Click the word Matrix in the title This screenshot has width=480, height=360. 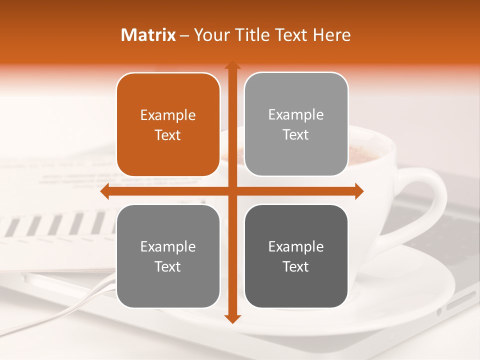[148, 35]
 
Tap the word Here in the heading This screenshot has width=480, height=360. [332, 35]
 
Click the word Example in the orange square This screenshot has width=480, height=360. [168, 115]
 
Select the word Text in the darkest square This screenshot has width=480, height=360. [296, 266]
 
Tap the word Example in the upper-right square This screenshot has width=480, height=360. [296, 115]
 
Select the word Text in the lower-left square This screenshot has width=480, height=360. [168, 266]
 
